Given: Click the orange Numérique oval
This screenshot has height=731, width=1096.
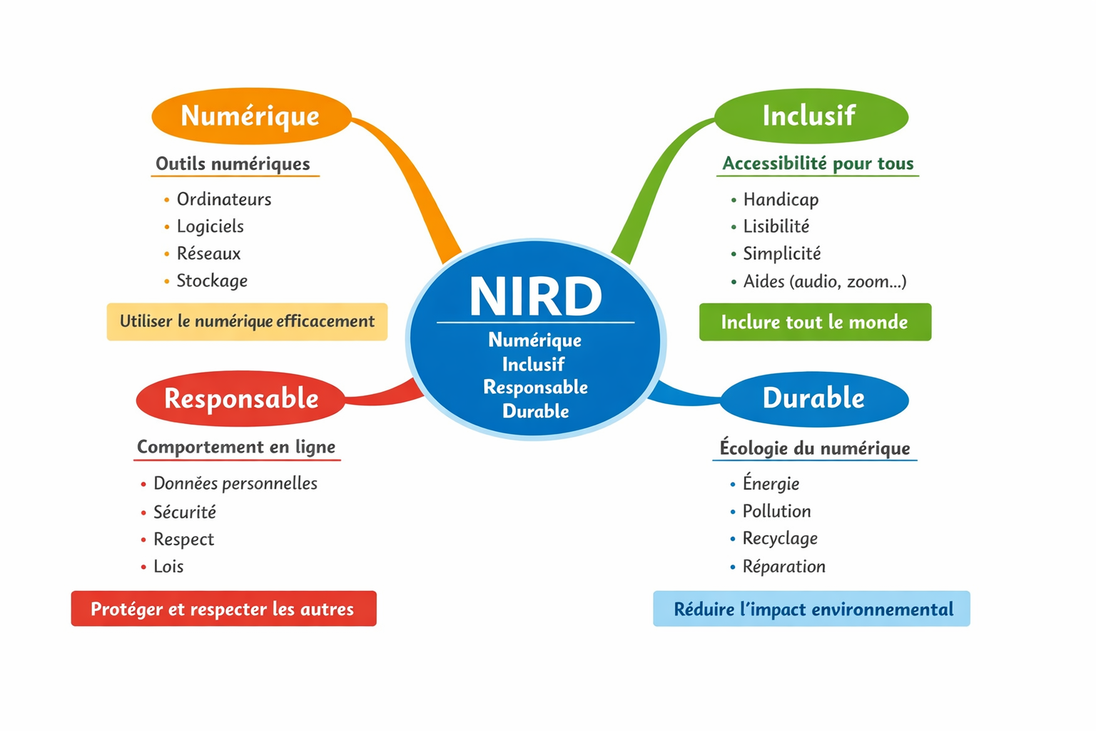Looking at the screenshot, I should point(251,116).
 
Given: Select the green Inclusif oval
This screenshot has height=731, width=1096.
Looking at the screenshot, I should point(810,116).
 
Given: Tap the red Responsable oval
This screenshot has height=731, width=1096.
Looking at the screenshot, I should point(241,398).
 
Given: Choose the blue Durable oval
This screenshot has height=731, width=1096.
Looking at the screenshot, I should point(813,398).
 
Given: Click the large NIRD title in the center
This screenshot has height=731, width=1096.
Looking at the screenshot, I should point(535,296).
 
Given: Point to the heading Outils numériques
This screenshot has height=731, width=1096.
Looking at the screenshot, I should point(233,163).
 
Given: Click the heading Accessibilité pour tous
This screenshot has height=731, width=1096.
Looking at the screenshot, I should point(818,163).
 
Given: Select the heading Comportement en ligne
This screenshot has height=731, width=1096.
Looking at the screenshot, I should point(236,447).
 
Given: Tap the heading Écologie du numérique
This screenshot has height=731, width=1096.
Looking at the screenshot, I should point(815,448).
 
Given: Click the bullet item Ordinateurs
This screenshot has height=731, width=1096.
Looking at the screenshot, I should point(224,199).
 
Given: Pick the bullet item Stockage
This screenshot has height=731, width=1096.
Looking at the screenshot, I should point(212,281).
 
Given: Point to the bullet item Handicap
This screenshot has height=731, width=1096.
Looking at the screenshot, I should point(781,199).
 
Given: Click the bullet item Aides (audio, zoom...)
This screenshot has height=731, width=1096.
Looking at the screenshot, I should point(825,281).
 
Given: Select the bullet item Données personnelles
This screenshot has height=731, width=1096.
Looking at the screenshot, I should point(235,483).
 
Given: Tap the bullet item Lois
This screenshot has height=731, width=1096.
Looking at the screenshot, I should point(168,566).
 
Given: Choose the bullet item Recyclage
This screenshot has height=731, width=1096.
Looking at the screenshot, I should point(780,538).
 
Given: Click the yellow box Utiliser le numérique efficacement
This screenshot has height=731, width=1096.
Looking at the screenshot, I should point(247,321).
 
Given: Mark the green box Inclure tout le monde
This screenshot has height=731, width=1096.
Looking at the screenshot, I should point(815,322).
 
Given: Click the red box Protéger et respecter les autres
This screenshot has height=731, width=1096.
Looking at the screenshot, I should point(223,609).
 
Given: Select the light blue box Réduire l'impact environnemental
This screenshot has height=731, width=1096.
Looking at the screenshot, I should point(812,609).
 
